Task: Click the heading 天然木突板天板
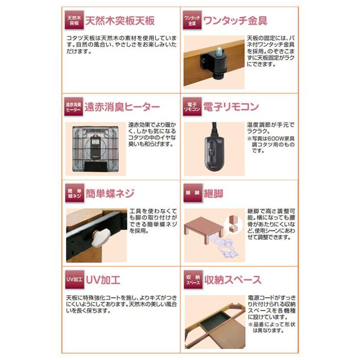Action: click(120, 21)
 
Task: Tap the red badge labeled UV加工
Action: click(74, 279)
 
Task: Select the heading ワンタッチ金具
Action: click(235, 20)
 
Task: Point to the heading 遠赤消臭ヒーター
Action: click(122, 107)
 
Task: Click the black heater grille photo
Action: click(96, 149)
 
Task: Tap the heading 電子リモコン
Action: click(231, 107)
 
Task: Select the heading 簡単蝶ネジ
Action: click(110, 193)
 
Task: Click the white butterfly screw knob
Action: click(98, 239)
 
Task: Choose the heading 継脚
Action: click(213, 194)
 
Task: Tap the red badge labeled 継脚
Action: click(193, 193)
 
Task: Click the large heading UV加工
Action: click(103, 280)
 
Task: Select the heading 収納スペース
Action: click(233, 280)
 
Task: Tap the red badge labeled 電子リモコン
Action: click(193, 107)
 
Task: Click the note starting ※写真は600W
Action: click(271, 145)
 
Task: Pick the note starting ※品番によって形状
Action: click(271, 327)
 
